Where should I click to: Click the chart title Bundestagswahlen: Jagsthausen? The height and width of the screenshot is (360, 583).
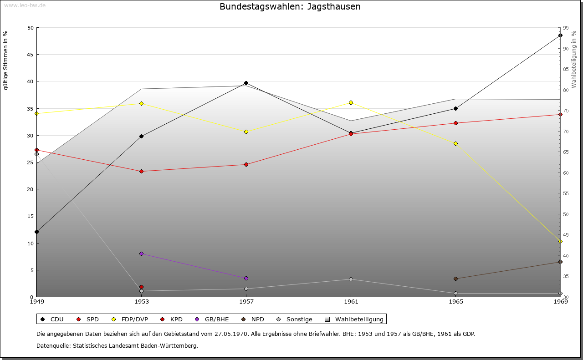coord(290,7)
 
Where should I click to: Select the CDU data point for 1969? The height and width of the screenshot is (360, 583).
coord(560,35)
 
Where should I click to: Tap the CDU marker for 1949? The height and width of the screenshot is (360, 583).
coord(36,232)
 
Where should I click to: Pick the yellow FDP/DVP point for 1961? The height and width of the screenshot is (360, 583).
coord(351,102)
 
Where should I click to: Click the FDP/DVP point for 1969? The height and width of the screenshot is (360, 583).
coord(560,241)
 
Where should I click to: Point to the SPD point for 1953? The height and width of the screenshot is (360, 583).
coord(141,171)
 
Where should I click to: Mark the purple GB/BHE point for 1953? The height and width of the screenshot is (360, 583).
coord(141,254)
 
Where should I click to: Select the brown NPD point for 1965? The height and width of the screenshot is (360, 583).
coord(455,279)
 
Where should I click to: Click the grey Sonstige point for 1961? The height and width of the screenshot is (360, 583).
coord(351,279)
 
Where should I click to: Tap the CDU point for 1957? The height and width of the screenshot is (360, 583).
coord(246,83)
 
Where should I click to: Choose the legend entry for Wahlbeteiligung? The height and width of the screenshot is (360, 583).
coord(355,319)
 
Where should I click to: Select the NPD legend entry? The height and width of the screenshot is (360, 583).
coord(253,319)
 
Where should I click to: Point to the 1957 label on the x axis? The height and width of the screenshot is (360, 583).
coord(246,301)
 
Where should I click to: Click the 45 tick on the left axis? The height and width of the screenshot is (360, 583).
coord(31,55)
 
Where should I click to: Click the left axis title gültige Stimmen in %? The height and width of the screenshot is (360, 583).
coord(6,60)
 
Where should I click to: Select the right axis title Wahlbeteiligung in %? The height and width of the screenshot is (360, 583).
coord(574,59)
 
